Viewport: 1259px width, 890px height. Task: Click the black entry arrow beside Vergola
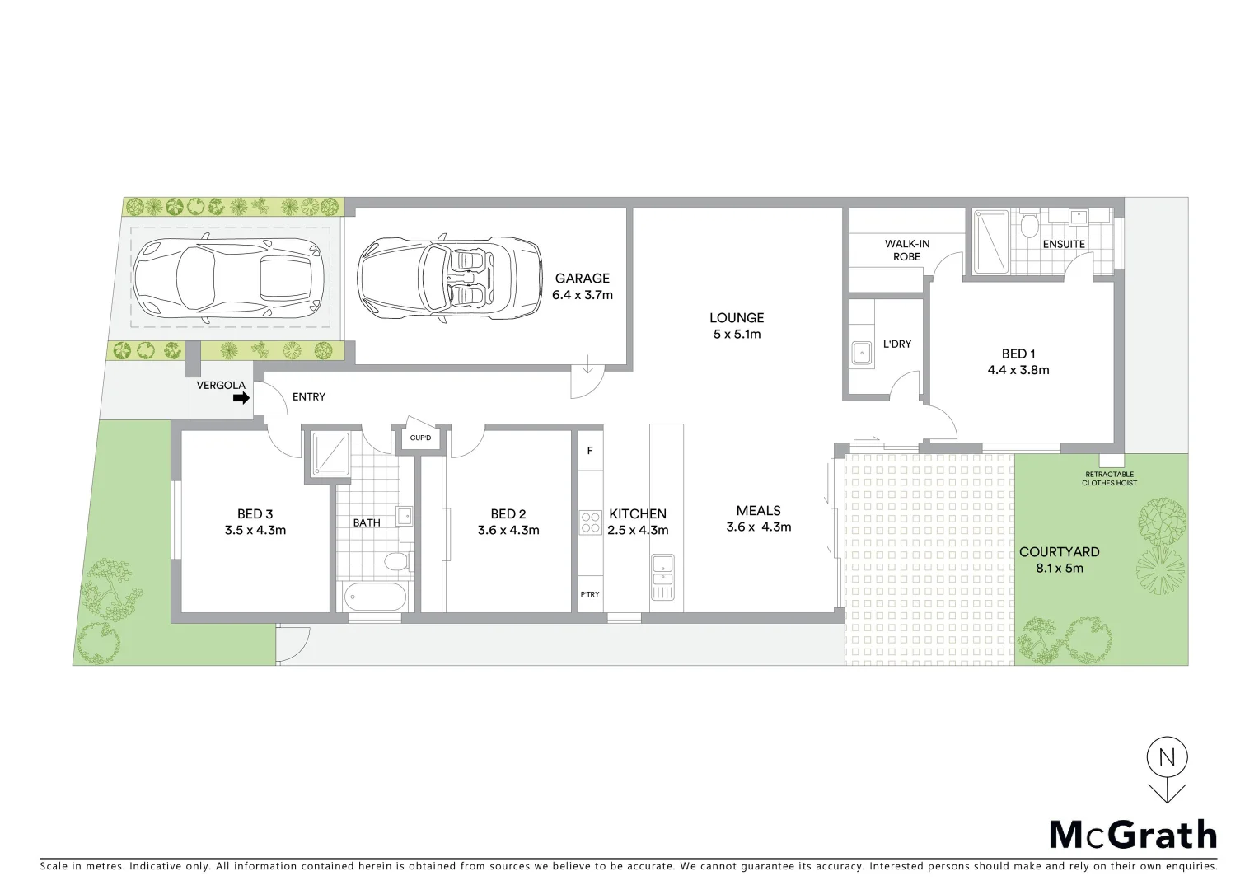(x=241, y=398)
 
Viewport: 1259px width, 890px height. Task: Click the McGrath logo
(x=1133, y=835)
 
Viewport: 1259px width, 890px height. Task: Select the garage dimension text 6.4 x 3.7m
(x=582, y=295)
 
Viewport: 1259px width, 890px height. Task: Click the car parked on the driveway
(x=227, y=281)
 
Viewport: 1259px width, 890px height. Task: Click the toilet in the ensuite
(x=1028, y=224)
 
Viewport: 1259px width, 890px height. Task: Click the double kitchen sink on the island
(x=662, y=577)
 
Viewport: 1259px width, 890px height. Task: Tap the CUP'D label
(x=420, y=438)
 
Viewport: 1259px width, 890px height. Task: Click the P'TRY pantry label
(x=590, y=594)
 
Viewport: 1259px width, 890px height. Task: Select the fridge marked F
(x=590, y=451)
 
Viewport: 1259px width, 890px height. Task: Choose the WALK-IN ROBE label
(x=907, y=251)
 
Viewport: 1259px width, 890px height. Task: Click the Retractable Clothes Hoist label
(x=1109, y=479)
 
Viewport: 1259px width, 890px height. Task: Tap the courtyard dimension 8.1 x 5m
(x=1059, y=568)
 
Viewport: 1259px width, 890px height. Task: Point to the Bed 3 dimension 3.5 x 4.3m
(x=255, y=531)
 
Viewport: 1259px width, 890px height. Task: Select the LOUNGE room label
(x=737, y=317)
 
